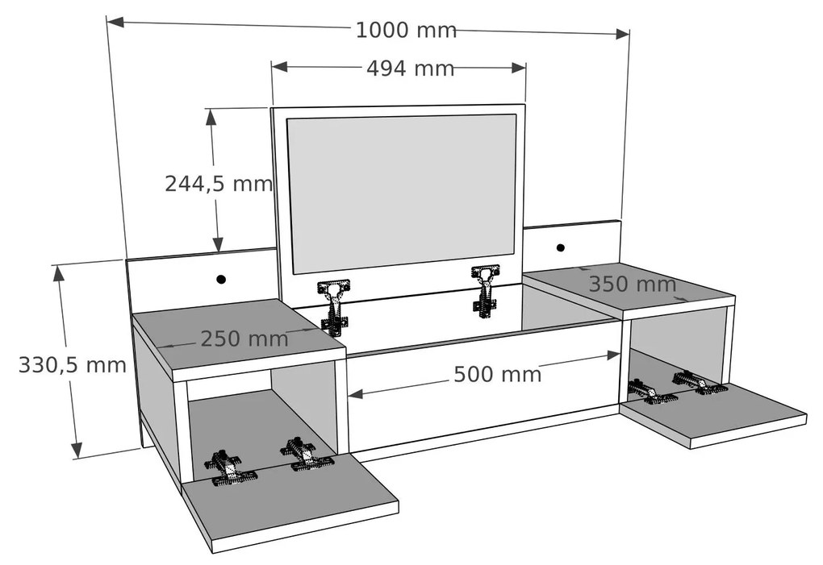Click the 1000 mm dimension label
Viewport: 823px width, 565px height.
click(406, 31)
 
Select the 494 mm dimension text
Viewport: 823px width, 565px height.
click(410, 69)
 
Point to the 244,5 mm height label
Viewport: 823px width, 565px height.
click(219, 184)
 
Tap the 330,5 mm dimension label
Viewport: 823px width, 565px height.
click(73, 365)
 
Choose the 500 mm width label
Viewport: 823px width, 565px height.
click(497, 374)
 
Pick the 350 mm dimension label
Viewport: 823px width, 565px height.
click(632, 285)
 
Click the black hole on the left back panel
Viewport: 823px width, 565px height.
click(221, 280)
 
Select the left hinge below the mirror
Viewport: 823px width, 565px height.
click(335, 305)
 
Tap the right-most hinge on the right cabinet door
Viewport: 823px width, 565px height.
click(700, 382)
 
